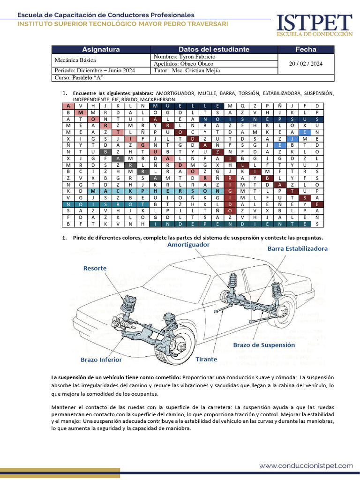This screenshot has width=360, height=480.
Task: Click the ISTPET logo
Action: (x=314, y=24)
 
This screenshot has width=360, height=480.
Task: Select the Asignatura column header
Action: (x=101, y=49)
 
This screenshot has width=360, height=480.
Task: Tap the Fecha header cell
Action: (x=306, y=49)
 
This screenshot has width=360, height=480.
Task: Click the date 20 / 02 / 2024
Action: (x=306, y=63)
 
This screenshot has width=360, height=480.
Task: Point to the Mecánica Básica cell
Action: (x=75, y=60)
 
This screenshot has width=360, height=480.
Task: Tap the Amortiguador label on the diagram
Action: (x=188, y=245)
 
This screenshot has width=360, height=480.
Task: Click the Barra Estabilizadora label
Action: (x=298, y=248)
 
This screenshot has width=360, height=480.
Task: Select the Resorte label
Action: (x=95, y=268)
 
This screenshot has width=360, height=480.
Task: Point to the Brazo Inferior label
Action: (x=101, y=360)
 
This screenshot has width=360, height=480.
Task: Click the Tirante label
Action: (x=206, y=359)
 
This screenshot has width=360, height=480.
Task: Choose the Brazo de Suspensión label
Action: (x=264, y=345)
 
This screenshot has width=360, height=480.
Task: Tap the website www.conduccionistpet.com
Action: (x=306, y=465)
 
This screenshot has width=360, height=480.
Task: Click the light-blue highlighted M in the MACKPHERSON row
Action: (x=93, y=191)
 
